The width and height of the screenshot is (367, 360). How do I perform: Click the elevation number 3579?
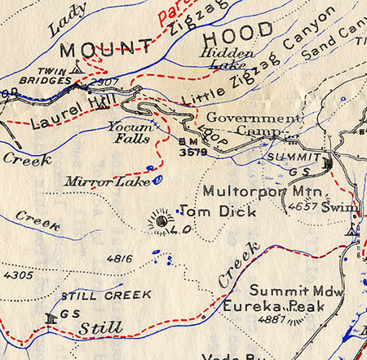point(188,152)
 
